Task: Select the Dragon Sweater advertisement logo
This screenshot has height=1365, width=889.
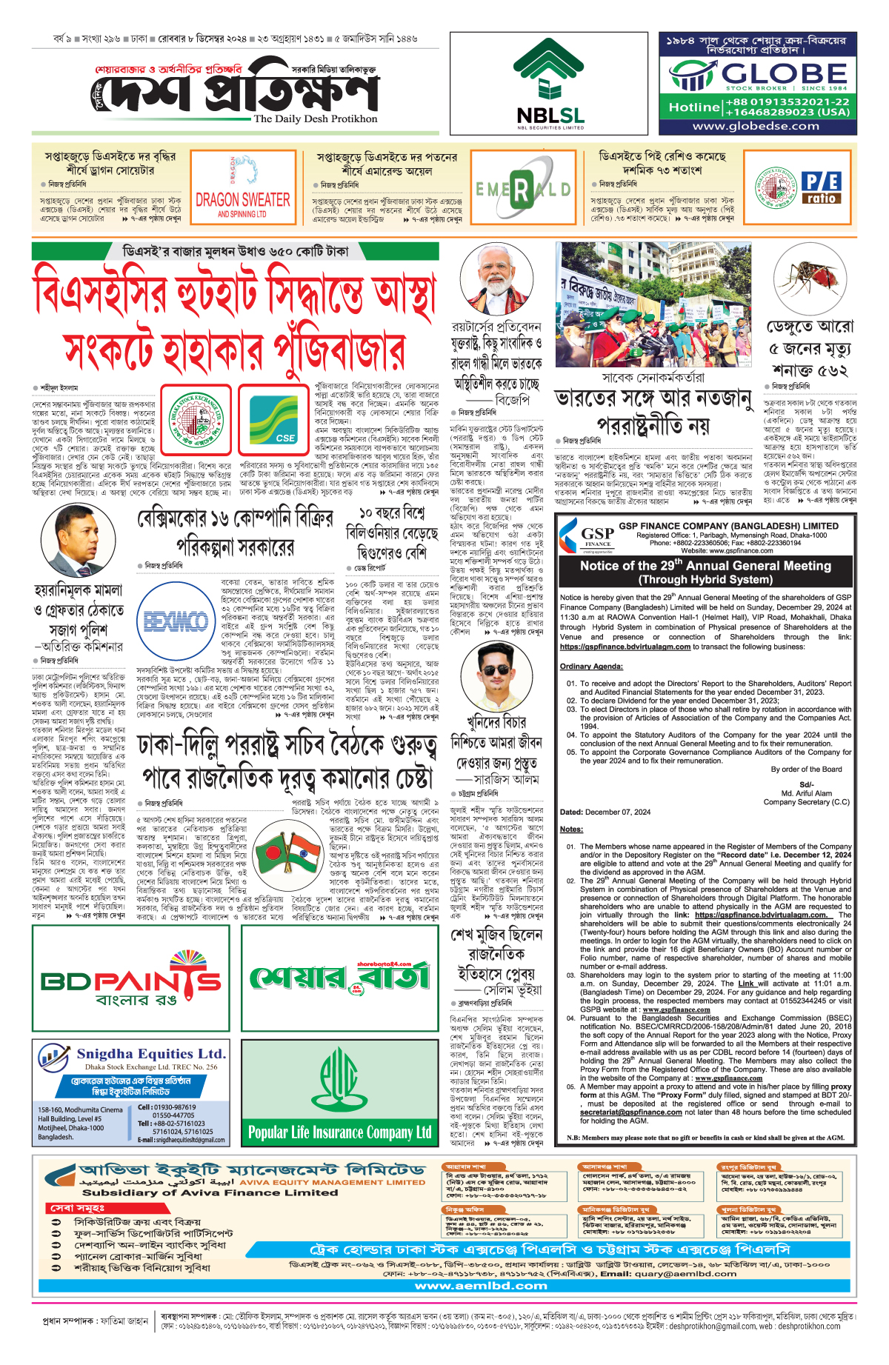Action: tap(243, 188)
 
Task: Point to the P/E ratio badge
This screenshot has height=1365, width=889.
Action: tap(822, 187)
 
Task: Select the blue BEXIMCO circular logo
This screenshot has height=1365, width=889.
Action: tap(176, 620)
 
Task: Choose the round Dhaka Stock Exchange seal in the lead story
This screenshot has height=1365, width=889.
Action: tap(196, 419)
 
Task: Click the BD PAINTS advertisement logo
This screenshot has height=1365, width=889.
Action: tap(131, 978)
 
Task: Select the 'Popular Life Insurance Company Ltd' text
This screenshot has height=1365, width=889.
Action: tap(340, 1132)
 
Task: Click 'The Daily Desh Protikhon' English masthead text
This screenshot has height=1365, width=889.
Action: tap(315, 119)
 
